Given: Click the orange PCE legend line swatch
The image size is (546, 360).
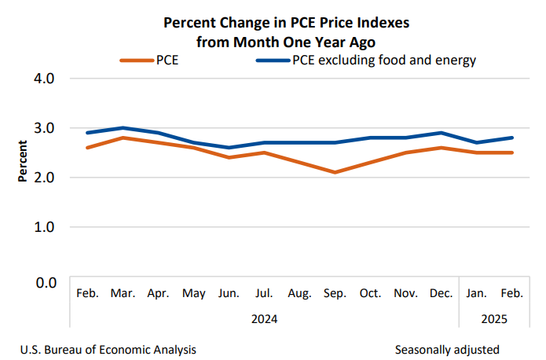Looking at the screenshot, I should click(x=136, y=61).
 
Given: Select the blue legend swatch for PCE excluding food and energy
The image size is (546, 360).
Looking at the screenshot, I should click(x=272, y=61).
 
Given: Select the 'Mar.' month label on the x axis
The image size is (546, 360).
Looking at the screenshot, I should click(x=123, y=294).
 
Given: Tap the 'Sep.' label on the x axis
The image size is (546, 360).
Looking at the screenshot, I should click(x=335, y=294).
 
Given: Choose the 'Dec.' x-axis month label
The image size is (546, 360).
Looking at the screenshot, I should click(x=442, y=294).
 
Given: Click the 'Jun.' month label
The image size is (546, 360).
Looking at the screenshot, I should click(x=229, y=294).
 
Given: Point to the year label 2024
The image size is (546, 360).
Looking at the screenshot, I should click(x=264, y=320).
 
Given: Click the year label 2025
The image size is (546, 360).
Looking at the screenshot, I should click(x=494, y=320).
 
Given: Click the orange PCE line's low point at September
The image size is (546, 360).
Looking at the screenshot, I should click(x=335, y=172).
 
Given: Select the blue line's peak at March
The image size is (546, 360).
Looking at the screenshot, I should click(x=123, y=127).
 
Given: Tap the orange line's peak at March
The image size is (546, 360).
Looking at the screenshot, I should click(x=123, y=138).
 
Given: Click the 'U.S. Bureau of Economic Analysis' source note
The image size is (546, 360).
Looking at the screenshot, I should click(x=109, y=349).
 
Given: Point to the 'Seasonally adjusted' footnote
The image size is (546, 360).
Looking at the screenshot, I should click(x=447, y=349).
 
